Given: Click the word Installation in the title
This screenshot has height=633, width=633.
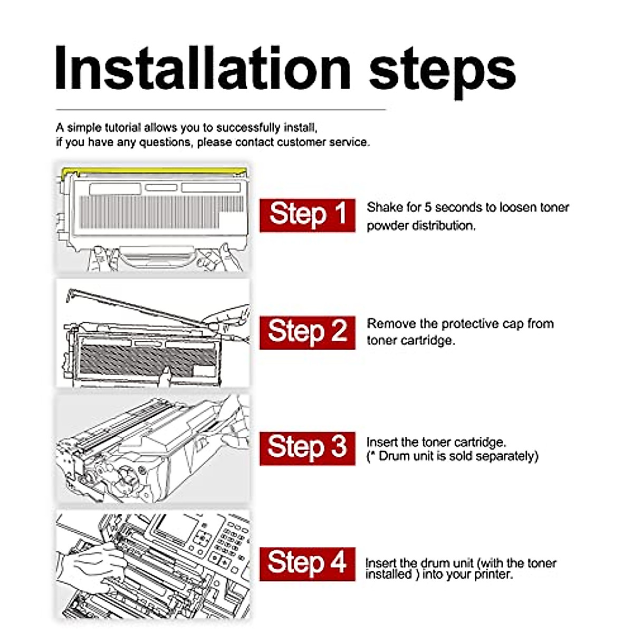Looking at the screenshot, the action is coord(203,69).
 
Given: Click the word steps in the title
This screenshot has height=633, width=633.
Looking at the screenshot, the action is coord(443,73).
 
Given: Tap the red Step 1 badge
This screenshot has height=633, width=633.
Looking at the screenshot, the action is coord(307,216).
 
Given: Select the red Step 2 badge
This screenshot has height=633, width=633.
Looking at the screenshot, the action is coord(307,332).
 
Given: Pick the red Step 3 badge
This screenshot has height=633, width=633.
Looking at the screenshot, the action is coord(307,449).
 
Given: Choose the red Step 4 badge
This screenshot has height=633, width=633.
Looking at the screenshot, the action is coord(307,564).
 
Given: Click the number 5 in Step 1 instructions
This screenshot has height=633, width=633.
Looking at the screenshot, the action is coord(428,208).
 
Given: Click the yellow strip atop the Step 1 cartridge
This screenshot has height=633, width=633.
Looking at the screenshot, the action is coord(155,171).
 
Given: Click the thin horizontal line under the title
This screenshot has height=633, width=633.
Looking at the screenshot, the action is coord(220,110).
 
